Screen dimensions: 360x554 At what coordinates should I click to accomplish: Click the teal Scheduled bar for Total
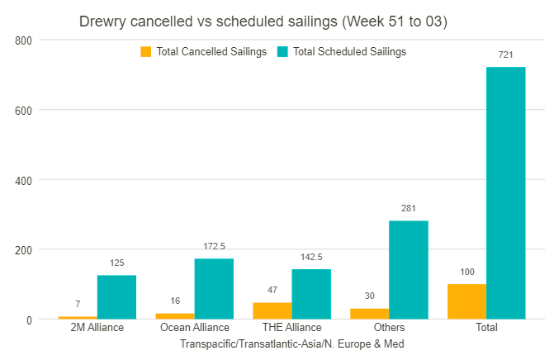click(x=506, y=192)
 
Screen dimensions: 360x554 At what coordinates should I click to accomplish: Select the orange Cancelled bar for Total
click(x=466, y=301)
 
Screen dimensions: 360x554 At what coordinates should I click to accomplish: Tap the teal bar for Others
click(x=409, y=269)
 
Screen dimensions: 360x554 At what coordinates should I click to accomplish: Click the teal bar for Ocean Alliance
click(x=214, y=288)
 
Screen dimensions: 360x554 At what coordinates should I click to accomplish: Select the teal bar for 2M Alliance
click(x=116, y=296)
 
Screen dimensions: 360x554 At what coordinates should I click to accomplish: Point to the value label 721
click(x=506, y=54)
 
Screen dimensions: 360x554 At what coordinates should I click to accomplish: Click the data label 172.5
click(x=215, y=246)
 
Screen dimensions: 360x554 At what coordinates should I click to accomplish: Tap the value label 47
click(x=272, y=290)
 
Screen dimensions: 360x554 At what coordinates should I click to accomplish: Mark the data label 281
click(x=409, y=208)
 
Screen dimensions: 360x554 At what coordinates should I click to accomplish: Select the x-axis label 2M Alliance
click(x=97, y=328)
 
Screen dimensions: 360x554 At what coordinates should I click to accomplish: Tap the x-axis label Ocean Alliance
click(x=195, y=328)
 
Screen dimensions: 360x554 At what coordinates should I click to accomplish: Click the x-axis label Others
click(x=389, y=328)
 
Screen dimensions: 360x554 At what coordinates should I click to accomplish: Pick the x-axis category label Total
click(x=486, y=328)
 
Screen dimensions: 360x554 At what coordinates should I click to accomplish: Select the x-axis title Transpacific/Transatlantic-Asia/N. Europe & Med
click(x=291, y=343)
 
